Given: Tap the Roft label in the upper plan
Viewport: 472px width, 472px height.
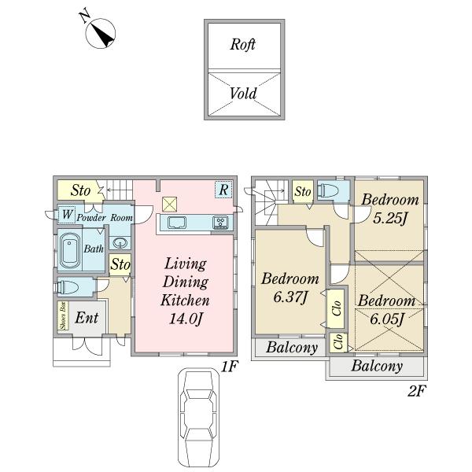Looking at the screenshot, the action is pyautogui.click(x=242, y=45).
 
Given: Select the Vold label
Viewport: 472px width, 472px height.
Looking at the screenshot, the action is pyautogui.click(x=243, y=94).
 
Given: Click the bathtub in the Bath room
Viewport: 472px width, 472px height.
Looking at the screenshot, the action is pyautogui.click(x=69, y=250).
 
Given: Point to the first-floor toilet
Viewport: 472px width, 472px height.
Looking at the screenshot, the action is pyautogui.click(x=68, y=287).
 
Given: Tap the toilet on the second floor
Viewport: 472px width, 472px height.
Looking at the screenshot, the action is pyautogui.click(x=329, y=190).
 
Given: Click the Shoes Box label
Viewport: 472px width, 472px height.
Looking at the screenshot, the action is pyautogui.click(x=63, y=315).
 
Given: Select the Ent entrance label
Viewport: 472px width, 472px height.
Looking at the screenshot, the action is pyautogui.click(x=87, y=318).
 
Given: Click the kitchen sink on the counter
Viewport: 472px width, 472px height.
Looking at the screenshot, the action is pyautogui.click(x=177, y=223).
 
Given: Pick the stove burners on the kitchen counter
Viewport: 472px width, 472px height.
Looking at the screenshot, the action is pyautogui.click(x=220, y=223).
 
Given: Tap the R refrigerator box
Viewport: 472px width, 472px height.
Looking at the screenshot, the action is pyautogui.click(x=223, y=190).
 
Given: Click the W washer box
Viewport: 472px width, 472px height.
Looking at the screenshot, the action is pyautogui.click(x=67, y=215).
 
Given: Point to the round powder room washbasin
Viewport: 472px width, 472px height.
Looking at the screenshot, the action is pyautogui.click(x=120, y=243).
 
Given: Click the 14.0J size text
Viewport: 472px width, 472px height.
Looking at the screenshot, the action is pyautogui.click(x=185, y=319).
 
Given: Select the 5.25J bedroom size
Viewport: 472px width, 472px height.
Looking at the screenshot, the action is pyautogui.click(x=390, y=218).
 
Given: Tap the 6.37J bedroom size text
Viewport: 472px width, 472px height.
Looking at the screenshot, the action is pyautogui.click(x=290, y=297).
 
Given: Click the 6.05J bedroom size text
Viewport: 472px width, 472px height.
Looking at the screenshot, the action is pyautogui.click(x=387, y=319).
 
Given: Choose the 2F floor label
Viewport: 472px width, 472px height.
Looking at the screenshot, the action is pyautogui.click(x=417, y=391).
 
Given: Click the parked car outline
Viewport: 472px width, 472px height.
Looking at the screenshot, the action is pyautogui.click(x=198, y=419).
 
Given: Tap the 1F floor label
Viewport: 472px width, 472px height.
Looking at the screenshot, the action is pyautogui.click(x=230, y=367).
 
